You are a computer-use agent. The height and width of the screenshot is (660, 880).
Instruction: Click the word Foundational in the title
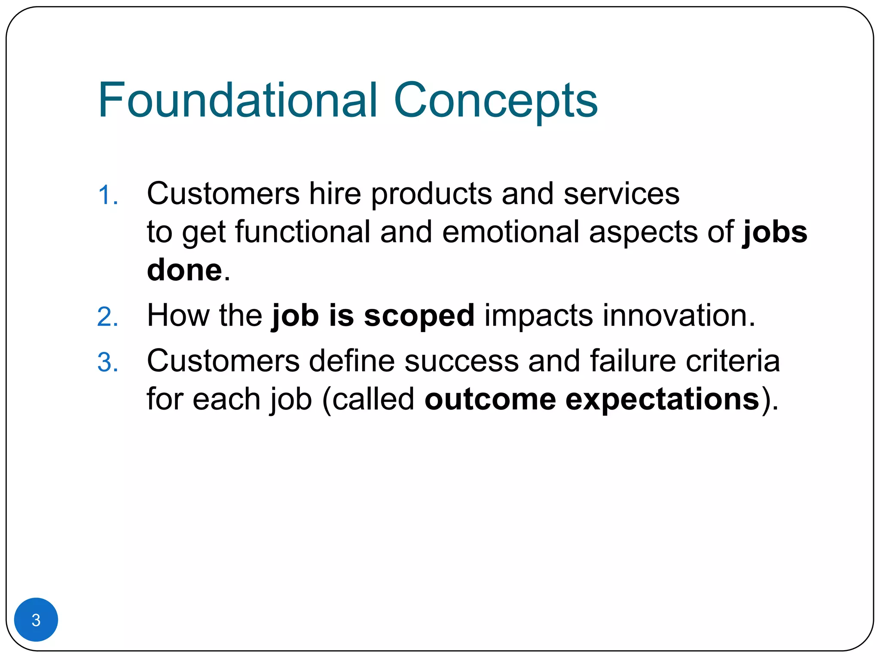238,100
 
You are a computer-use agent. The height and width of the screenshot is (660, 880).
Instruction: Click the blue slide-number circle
36,619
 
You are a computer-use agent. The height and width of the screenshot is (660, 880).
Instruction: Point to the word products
431,194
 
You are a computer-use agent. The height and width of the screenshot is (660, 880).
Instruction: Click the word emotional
510,232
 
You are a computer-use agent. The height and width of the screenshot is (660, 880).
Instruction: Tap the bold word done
184,270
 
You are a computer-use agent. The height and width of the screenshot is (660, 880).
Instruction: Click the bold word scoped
419,316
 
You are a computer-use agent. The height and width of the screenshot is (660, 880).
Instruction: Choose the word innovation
678,315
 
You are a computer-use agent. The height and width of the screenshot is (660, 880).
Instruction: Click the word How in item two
178,315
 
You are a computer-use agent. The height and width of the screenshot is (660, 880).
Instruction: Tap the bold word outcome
490,399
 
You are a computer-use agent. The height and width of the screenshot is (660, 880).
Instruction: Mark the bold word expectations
662,400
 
